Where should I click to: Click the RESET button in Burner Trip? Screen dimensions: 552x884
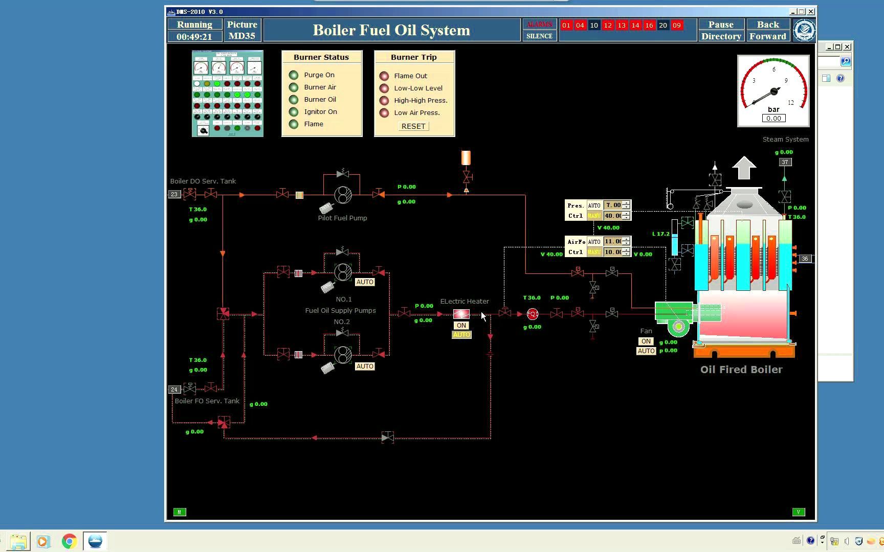413,126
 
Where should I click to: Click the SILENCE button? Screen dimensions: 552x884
539,36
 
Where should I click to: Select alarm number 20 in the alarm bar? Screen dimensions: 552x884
662,25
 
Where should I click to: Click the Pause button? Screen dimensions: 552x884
721,25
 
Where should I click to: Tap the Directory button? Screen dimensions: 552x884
721,36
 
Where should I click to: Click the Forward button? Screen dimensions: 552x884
767,36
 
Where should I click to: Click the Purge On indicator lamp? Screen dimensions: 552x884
294,75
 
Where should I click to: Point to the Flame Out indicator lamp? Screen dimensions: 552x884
384,76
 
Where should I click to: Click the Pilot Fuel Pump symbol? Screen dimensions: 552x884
343,194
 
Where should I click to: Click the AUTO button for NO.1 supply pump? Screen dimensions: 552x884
365,282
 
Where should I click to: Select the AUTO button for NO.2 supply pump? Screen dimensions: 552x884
365,366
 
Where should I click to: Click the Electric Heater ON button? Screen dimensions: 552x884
461,326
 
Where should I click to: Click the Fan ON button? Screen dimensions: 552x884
646,341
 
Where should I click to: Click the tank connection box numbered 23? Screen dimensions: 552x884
174,194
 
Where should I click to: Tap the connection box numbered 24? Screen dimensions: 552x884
174,389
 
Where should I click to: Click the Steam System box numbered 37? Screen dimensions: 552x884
785,162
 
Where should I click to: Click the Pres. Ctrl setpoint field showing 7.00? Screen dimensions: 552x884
613,205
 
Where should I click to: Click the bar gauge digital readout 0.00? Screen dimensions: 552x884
773,118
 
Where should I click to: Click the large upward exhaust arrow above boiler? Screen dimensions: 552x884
744,168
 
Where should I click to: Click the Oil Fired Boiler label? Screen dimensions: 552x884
741,370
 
